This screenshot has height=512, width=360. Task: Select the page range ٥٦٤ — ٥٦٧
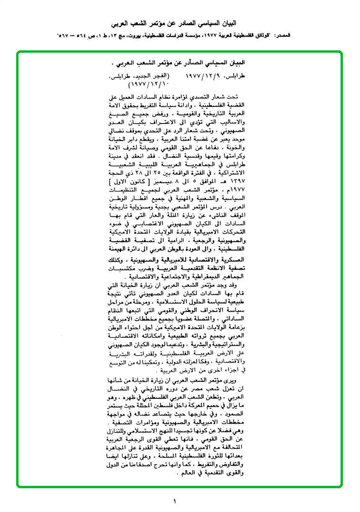pos(74,36)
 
